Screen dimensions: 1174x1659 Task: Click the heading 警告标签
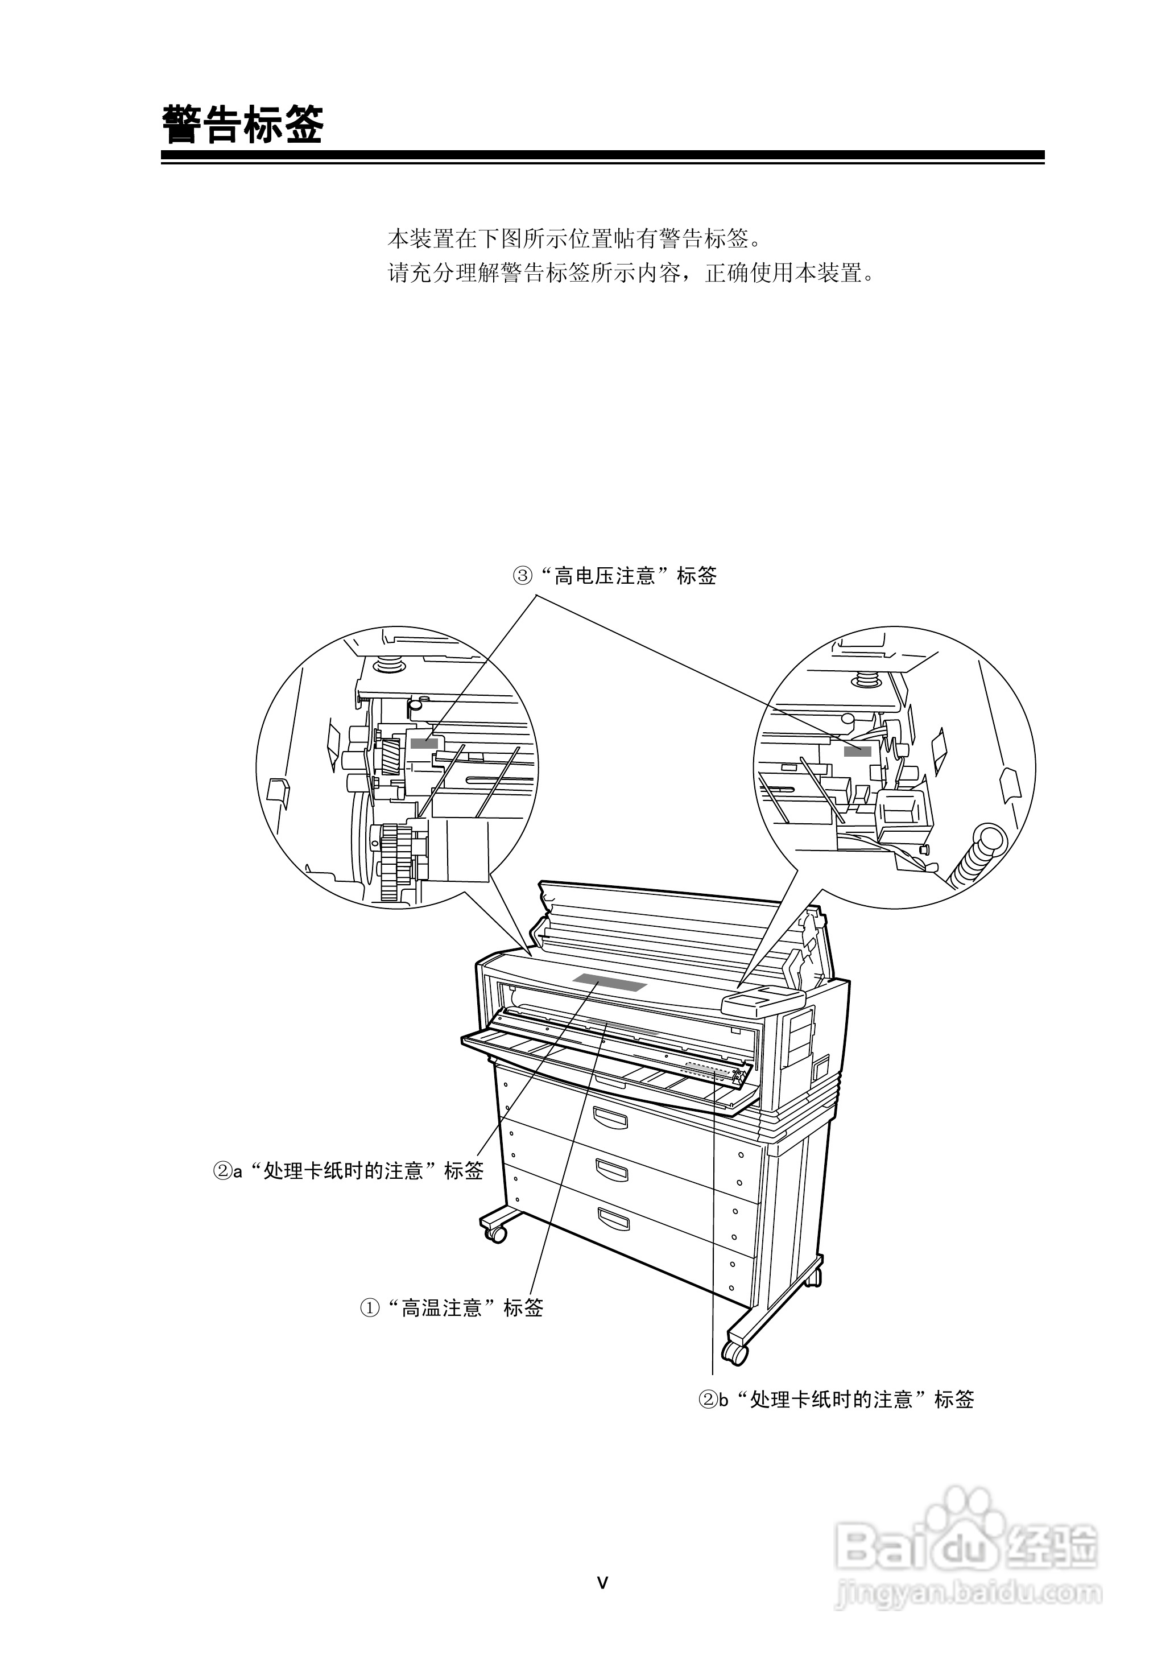point(243,125)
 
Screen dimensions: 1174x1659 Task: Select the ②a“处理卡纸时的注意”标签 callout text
point(348,1170)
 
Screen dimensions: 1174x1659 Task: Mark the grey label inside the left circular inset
point(424,743)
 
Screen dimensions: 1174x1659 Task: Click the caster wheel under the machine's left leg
point(496,1234)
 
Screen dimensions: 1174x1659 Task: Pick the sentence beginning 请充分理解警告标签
point(631,273)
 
